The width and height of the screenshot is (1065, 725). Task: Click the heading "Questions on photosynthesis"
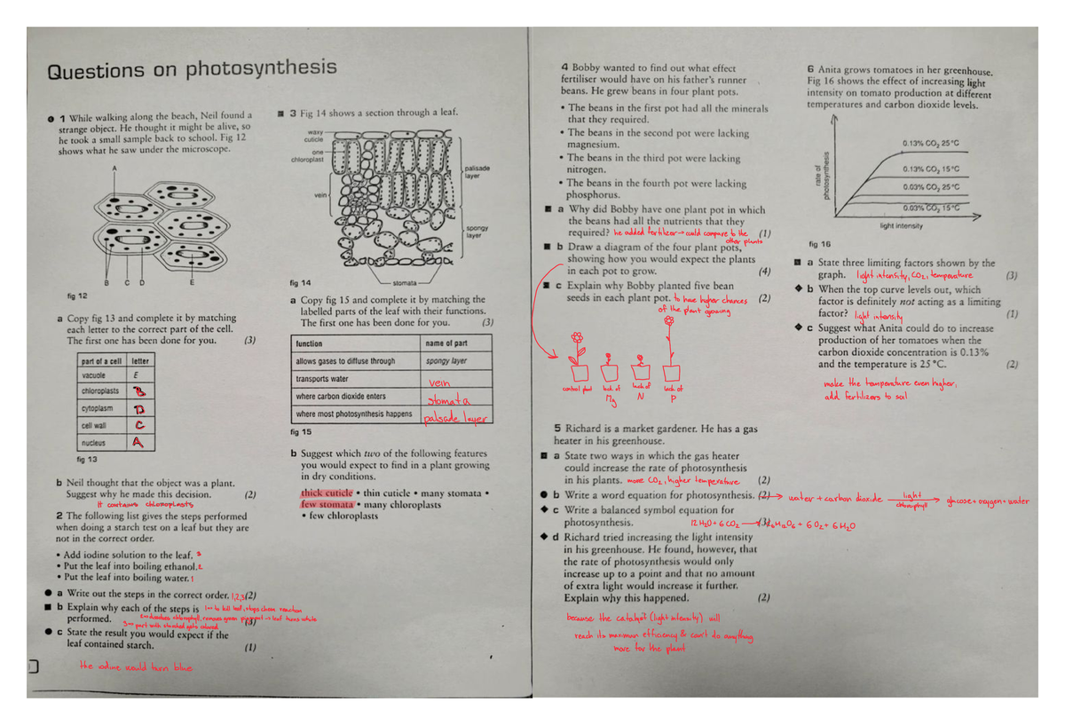pyautogui.click(x=192, y=69)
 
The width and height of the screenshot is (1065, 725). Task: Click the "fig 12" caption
pyautogui.click(x=76, y=296)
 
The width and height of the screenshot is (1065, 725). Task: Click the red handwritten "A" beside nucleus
pyautogui.click(x=138, y=442)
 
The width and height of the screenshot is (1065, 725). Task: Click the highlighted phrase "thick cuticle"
pyautogui.click(x=327, y=493)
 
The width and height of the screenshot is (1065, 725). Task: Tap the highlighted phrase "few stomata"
pyautogui.click(x=326, y=504)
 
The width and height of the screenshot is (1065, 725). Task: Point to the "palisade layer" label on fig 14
pyautogui.click(x=477, y=171)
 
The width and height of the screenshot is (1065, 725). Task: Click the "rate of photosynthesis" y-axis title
pyautogui.click(x=822, y=174)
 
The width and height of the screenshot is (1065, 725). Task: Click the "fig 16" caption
pyautogui.click(x=819, y=243)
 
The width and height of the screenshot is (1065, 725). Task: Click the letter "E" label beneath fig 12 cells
pyautogui.click(x=193, y=283)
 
